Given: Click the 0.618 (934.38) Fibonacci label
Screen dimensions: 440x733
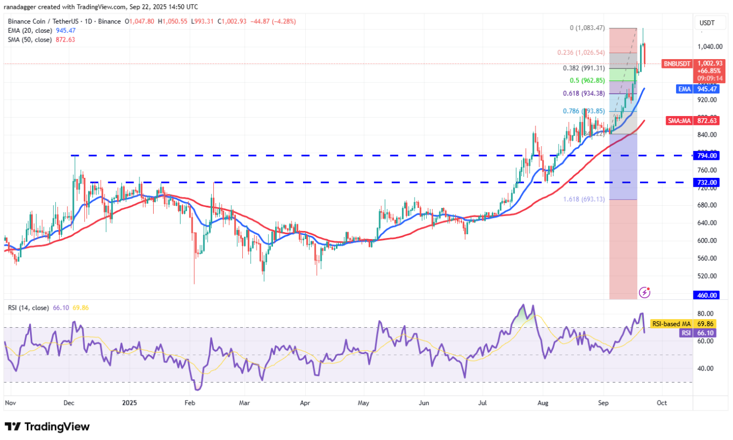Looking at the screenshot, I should [x=584, y=94].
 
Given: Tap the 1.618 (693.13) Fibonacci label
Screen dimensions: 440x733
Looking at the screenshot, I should [x=583, y=199].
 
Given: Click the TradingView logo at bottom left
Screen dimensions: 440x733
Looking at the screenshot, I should [x=47, y=427].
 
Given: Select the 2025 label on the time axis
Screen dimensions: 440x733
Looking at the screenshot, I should [x=130, y=402].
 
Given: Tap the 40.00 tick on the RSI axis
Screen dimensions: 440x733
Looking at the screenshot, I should [x=706, y=368].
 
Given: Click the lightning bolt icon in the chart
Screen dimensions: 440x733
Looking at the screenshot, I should [x=645, y=293].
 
